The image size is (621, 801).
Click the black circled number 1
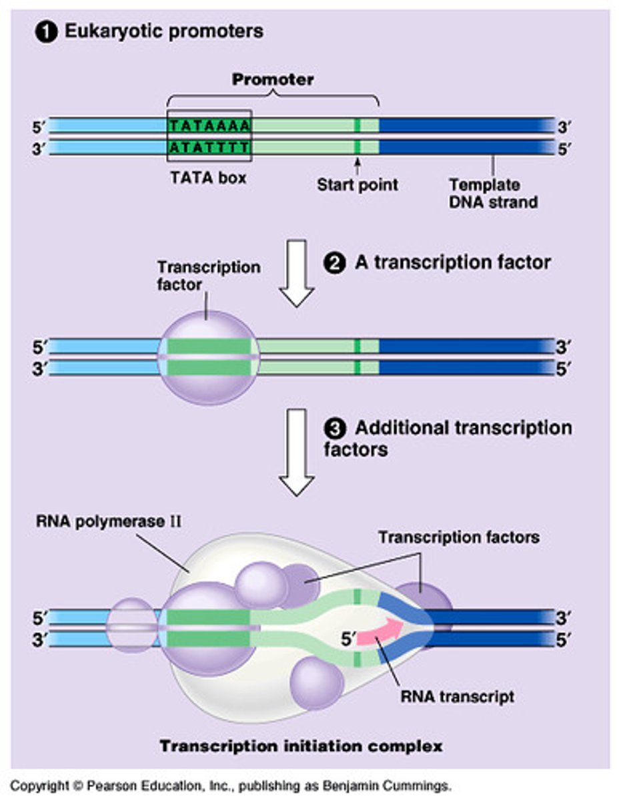click(47, 31)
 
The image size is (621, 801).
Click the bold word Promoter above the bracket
click(273, 79)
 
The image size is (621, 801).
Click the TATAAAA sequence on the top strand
click(209, 125)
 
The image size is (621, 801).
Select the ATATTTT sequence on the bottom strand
click(209, 146)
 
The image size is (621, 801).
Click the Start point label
click(357, 184)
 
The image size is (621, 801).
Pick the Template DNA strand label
click(493, 193)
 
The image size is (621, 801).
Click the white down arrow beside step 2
click(296, 272)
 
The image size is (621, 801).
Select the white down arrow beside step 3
click(296, 451)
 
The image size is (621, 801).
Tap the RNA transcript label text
click(457, 696)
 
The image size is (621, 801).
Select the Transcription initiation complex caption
click(300, 746)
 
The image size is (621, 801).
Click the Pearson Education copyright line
click(231, 786)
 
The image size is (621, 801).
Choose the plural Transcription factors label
click(459, 536)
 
